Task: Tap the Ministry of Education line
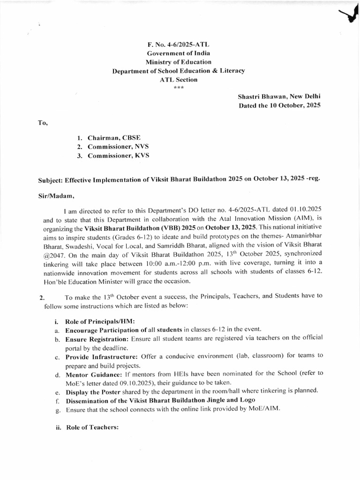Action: [178, 62]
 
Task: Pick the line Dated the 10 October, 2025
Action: [279, 106]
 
